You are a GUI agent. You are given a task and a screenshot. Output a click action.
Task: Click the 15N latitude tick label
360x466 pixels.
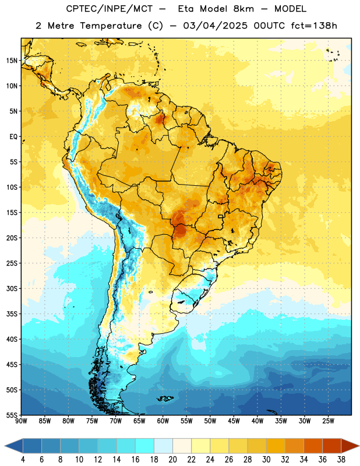[12, 61]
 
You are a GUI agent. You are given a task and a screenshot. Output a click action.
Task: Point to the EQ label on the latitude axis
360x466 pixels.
[13, 137]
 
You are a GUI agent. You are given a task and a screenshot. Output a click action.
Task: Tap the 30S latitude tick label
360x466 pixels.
[12, 288]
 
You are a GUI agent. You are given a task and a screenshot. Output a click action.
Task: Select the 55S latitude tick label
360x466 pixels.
[12, 415]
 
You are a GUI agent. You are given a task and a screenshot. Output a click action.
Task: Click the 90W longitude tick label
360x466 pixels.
[21, 421]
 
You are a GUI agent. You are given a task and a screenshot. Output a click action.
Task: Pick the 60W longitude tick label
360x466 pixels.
[163, 421]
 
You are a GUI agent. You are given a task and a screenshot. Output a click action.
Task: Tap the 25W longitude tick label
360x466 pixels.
[328, 421]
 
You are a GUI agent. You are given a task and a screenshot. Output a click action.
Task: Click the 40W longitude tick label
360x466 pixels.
[257, 421]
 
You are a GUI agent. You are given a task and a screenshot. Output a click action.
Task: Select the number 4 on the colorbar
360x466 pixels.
[23, 460]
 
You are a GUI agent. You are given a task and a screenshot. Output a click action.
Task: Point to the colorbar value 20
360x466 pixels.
[172, 460]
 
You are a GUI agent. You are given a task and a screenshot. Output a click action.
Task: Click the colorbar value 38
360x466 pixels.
[341, 460]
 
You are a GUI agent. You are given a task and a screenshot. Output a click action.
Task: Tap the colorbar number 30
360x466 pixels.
[266, 460]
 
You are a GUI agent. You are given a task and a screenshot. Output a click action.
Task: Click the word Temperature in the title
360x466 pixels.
[111, 26]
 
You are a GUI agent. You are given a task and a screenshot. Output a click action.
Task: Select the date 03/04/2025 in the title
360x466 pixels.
[215, 26]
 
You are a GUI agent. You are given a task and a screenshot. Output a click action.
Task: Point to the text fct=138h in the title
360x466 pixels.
[314, 26]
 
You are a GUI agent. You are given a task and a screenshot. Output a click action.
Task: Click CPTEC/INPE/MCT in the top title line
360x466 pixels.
[109, 9]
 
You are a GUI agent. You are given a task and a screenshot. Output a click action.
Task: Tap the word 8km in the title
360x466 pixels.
[243, 9]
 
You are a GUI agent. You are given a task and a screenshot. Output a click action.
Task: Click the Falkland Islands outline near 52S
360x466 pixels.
[165, 398]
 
